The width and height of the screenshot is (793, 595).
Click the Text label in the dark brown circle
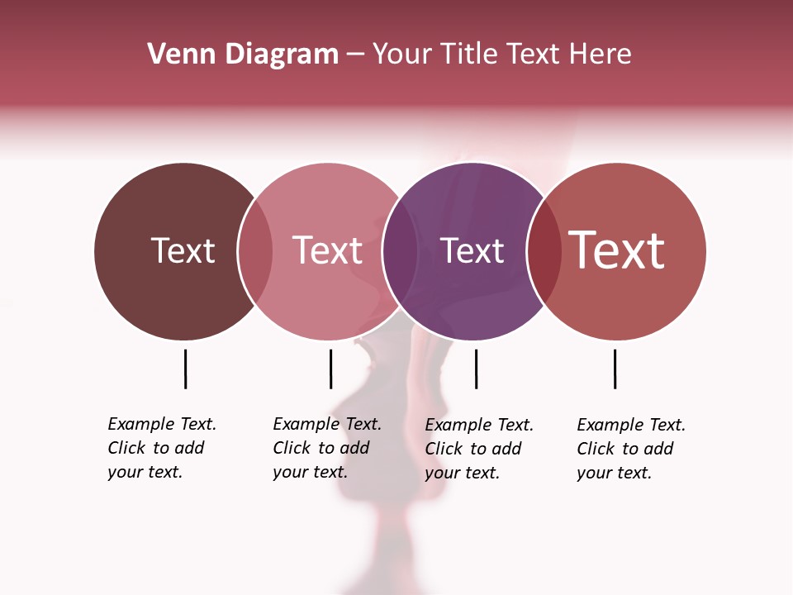(183, 250)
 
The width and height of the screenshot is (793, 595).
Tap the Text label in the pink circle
(328, 250)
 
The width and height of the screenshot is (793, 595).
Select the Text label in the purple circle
(472, 250)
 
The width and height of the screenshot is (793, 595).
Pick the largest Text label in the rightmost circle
(617, 250)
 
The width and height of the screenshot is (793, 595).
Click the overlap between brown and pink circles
(255, 251)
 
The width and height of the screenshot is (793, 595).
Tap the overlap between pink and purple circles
(400, 251)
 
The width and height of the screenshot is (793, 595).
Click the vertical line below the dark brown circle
(185, 369)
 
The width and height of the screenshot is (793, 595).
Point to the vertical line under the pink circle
(330, 369)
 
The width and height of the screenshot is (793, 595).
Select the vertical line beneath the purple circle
(476, 369)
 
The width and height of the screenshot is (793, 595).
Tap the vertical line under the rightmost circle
(615, 369)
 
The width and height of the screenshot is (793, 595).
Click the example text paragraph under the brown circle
(161, 448)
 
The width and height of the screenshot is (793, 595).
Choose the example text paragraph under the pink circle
(326, 448)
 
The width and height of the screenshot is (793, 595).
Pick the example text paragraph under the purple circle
(478, 449)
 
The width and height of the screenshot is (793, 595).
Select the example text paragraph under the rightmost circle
(630, 449)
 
